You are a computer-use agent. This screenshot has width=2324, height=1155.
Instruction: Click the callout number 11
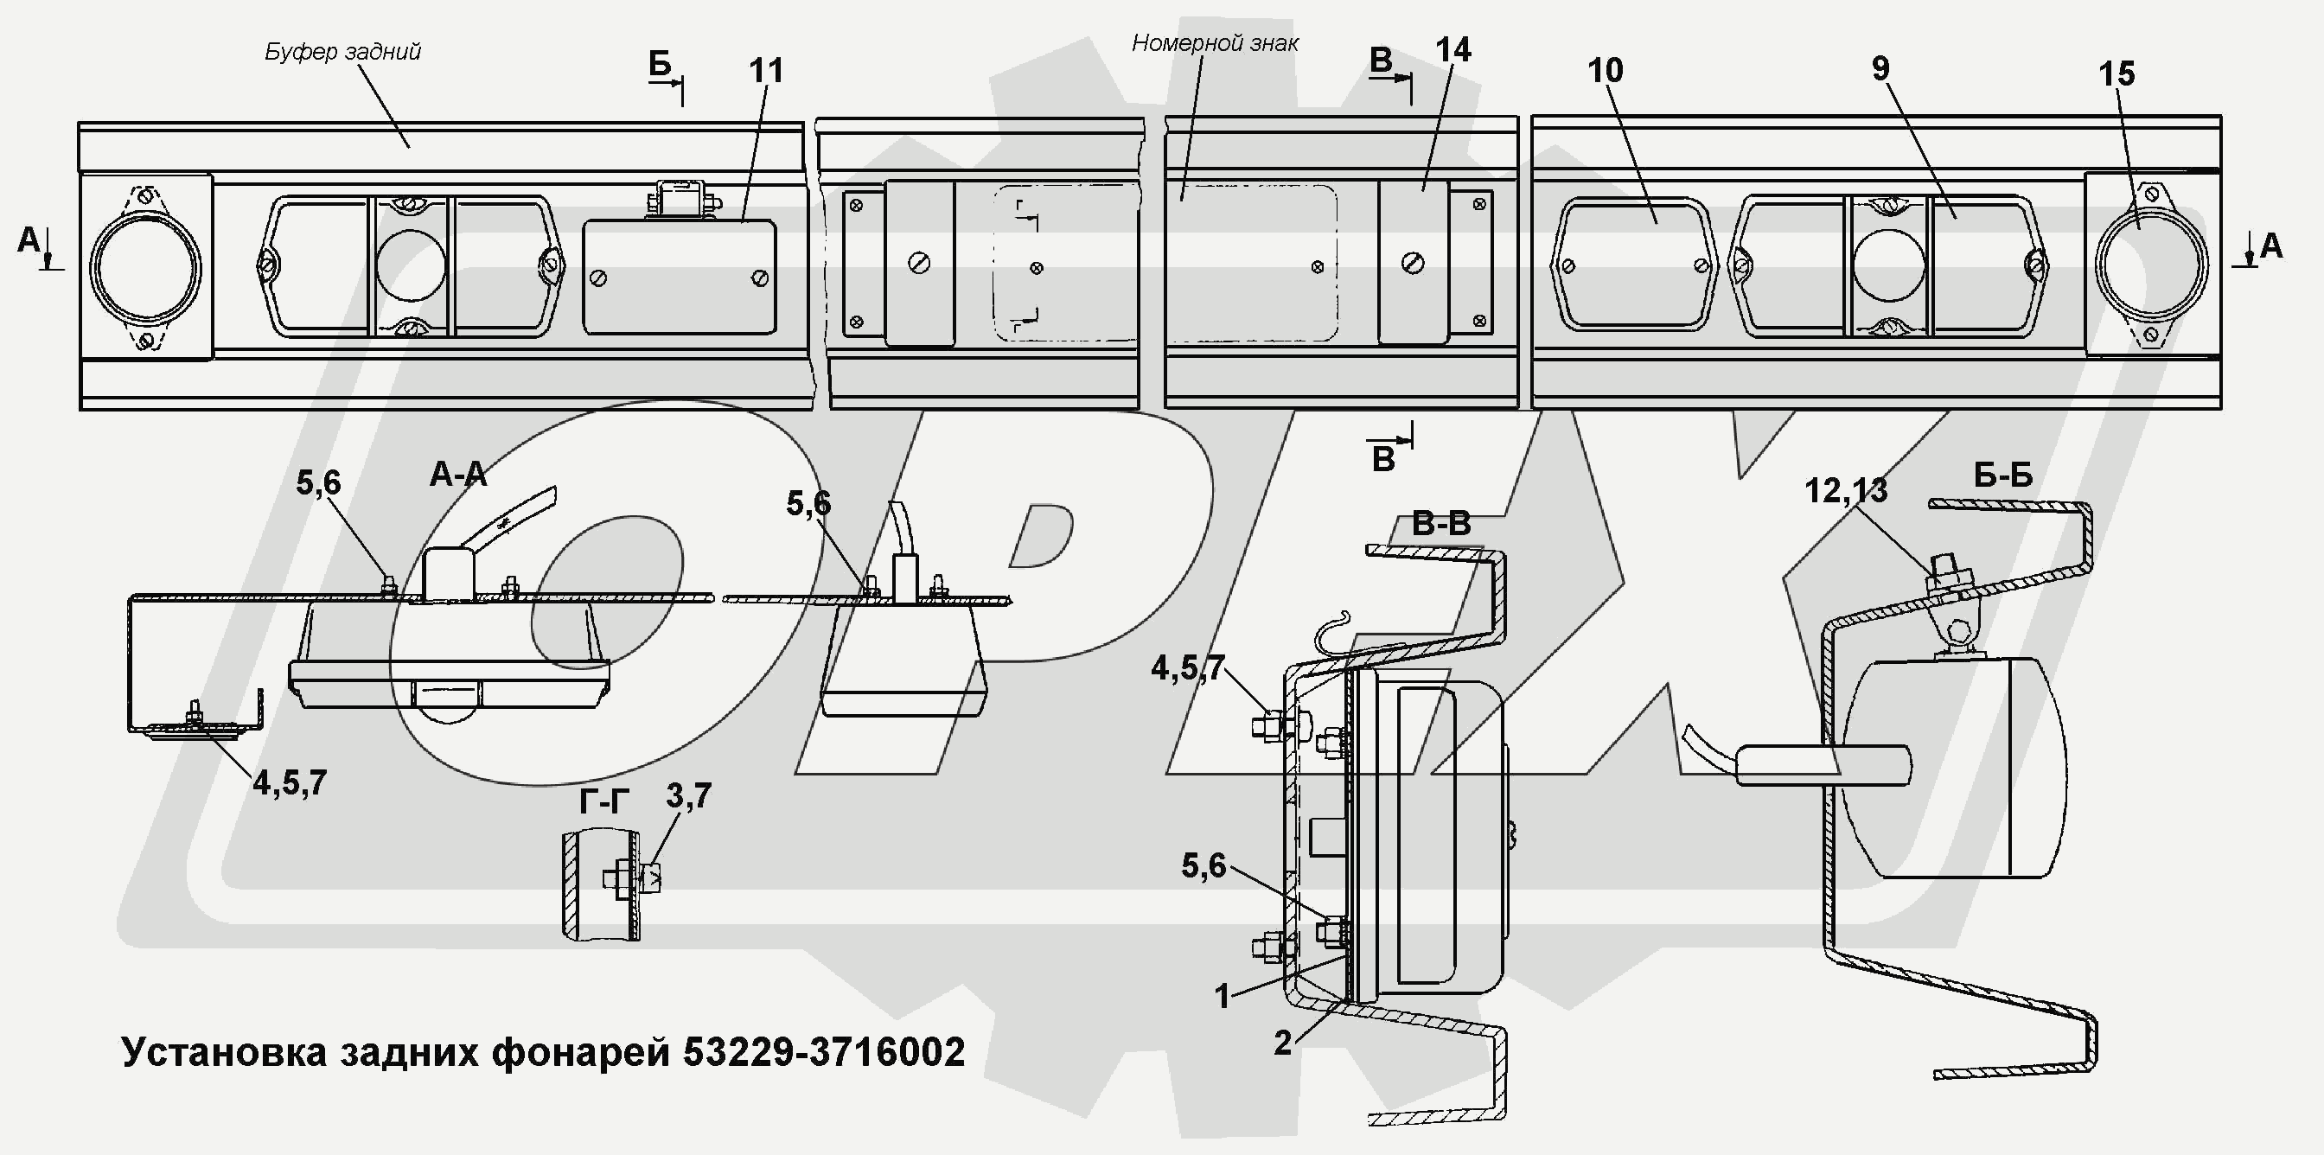click(x=766, y=71)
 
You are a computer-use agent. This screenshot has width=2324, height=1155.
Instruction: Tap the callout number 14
click(x=1452, y=51)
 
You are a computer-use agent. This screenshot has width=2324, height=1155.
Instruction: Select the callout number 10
click(x=1605, y=71)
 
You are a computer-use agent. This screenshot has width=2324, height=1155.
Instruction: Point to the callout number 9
click(x=1880, y=68)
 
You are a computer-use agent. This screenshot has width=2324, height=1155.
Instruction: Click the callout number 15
click(x=2117, y=74)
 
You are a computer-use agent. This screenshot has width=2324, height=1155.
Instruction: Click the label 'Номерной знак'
click(x=1216, y=43)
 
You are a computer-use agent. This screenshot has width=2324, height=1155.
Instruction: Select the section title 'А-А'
click(x=458, y=475)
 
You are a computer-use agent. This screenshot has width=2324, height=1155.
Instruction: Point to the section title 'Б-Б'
click(x=2004, y=475)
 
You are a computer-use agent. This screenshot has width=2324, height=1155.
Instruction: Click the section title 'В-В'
click(x=1440, y=524)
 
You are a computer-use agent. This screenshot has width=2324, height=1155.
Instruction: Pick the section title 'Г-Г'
click(x=603, y=801)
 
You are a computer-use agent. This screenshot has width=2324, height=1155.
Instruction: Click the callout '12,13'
click(x=1846, y=491)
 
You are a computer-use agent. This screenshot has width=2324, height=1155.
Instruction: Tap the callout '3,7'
click(x=689, y=796)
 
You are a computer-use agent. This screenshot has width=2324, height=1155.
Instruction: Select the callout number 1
click(x=1223, y=997)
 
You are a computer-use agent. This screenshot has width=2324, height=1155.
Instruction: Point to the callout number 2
click(x=1283, y=1043)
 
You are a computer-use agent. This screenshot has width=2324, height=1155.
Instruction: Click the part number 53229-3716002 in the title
click(x=824, y=1052)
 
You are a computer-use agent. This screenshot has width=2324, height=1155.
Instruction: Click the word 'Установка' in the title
click(x=224, y=1052)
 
